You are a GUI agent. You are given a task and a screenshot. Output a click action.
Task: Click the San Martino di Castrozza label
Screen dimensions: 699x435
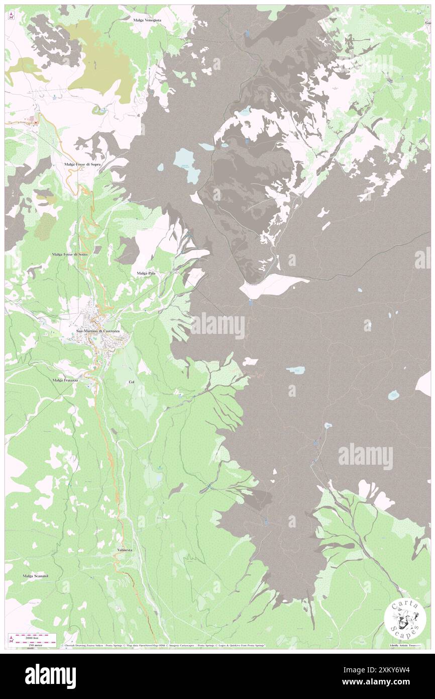pyautogui.click(x=98, y=330)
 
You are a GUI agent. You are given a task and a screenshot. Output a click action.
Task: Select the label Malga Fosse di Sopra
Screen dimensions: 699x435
pyautogui.click(x=83, y=164)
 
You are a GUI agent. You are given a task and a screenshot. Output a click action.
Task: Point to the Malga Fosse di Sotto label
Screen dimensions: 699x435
pyautogui.click(x=73, y=255)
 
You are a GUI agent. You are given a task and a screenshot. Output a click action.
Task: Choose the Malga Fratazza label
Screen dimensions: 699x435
pyautogui.click(x=65, y=380)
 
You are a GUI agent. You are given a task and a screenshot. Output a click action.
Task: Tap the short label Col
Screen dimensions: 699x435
pyautogui.click(x=132, y=382)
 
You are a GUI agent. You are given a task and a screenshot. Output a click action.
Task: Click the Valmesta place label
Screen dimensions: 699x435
pyautogui.click(x=125, y=550)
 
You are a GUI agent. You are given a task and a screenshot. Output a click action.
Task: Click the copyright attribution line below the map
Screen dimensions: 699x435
pyautogui.click(x=163, y=645)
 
